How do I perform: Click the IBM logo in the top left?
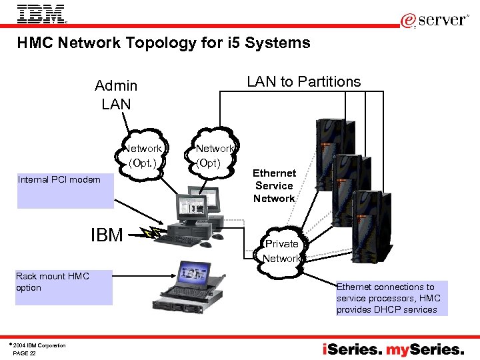tap(41, 14)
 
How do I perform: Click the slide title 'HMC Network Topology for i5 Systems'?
tap(163, 43)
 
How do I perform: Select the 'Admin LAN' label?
tap(116, 95)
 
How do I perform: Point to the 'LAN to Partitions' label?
tap(303, 82)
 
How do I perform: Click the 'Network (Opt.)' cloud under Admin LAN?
tap(143, 155)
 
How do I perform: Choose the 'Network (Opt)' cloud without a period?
tap(214, 155)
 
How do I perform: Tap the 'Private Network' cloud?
tap(281, 251)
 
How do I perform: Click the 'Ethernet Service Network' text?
tap(274, 186)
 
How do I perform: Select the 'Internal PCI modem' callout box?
tap(64, 191)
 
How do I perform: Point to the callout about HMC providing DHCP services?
tap(391, 298)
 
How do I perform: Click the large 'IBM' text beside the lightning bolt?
tap(107, 235)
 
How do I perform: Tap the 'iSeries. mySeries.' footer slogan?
tap(393, 349)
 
